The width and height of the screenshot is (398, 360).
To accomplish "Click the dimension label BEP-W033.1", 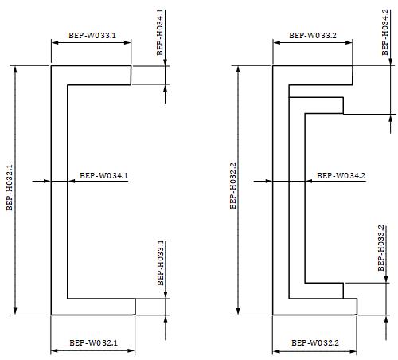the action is coord(92,36).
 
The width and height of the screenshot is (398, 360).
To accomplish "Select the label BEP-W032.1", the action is coord(93,342).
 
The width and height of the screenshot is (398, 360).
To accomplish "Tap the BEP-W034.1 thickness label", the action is coord(103,175).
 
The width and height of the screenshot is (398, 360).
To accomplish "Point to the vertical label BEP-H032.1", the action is coord(10,187).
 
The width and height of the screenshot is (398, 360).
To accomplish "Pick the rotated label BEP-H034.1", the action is coord(160,33).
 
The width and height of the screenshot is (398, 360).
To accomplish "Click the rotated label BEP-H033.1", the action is coord(161,263).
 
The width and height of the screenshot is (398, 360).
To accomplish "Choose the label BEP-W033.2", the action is coord(313,36).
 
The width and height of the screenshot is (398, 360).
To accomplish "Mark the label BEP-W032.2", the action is coord(315,342).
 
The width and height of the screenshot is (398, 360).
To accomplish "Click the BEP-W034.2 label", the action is coord(341,175).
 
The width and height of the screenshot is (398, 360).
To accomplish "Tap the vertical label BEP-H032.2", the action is coord(232,186).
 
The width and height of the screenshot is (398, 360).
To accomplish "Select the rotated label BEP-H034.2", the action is coord(385,32).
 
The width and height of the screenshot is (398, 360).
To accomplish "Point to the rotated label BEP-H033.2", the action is coord(381,248).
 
